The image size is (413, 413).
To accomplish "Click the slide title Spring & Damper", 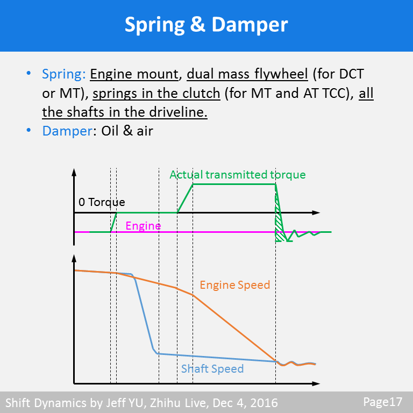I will [x=206, y=25].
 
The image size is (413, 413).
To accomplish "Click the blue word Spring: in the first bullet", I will [x=63, y=74].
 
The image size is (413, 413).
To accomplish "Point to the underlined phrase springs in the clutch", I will [x=156, y=93].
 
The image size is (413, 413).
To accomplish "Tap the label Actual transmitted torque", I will [x=237, y=175].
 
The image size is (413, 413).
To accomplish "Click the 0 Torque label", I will [x=102, y=202].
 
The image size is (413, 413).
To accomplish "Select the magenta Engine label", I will [x=143, y=226].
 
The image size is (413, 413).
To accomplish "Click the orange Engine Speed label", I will [x=235, y=284].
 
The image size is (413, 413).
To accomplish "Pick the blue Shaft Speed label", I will [x=212, y=369].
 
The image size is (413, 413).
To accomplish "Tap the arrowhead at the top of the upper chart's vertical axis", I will [x=74, y=172].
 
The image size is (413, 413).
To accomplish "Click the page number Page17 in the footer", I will [x=383, y=402].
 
